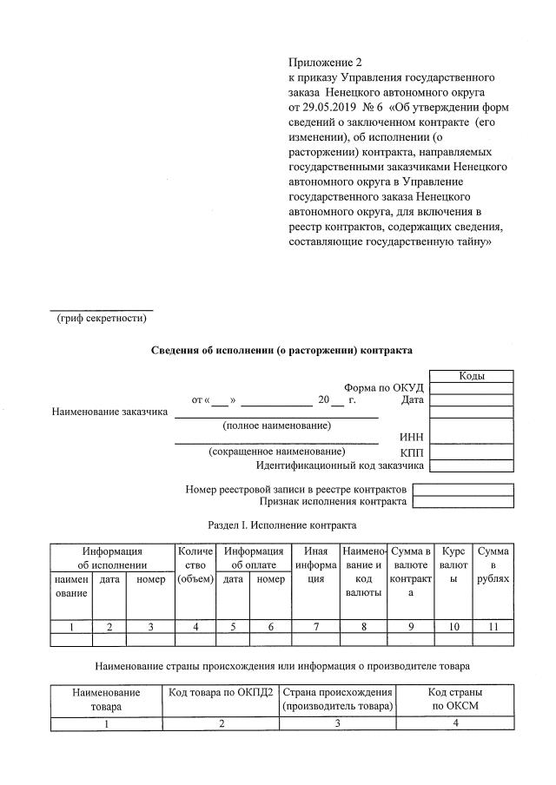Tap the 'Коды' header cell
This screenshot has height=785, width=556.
click(x=472, y=376)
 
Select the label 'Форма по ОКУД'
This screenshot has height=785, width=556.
click(x=383, y=387)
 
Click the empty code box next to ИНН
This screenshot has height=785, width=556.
click(x=472, y=437)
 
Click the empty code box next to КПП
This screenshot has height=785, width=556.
click(x=472, y=452)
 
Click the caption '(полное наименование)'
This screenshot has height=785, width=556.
click(x=276, y=425)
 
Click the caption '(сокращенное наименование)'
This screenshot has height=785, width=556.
click(x=276, y=452)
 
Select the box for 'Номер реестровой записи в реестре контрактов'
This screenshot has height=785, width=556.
click(x=462, y=489)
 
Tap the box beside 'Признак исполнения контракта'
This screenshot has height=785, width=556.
click(x=462, y=502)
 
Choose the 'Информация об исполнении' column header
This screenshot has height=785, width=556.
click(x=112, y=557)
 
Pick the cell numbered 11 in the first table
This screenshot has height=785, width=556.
click(x=493, y=626)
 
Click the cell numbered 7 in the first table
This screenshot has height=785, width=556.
click(x=315, y=626)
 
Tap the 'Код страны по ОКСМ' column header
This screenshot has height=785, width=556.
click(x=456, y=699)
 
